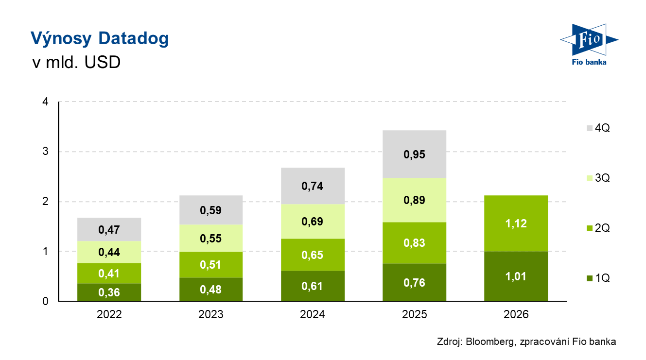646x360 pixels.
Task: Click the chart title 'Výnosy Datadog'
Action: [x=100, y=38]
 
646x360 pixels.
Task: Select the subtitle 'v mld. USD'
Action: [x=76, y=62]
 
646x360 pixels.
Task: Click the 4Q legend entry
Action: [x=598, y=128]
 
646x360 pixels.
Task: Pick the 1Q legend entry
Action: [x=598, y=278]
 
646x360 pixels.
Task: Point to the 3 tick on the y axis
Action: [x=45, y=151]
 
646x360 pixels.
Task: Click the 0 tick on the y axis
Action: [x=45, y=302]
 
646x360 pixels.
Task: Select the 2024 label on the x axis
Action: [x=313, y=314]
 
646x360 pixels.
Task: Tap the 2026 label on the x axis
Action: [x=516, y=314]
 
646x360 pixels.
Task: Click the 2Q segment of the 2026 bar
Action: [x=516, y=223]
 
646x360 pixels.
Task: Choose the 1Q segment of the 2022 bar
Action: [x=109, y=292]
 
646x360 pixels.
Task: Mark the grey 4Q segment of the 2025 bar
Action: [x=415, y=154]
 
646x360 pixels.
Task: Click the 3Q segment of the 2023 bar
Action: [x=211, y=239]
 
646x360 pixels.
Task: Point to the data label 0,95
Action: [x=415, y=155]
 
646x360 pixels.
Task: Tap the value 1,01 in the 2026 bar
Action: [x=516, y=277]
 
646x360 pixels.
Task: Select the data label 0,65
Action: [x=313, y=255]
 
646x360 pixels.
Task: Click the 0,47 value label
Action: [x=109, y=230]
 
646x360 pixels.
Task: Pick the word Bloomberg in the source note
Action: [x=490, y=342]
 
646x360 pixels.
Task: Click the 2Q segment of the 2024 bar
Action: [x=313, y=255]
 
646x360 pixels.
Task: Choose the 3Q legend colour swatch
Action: [x=590, y=178]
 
